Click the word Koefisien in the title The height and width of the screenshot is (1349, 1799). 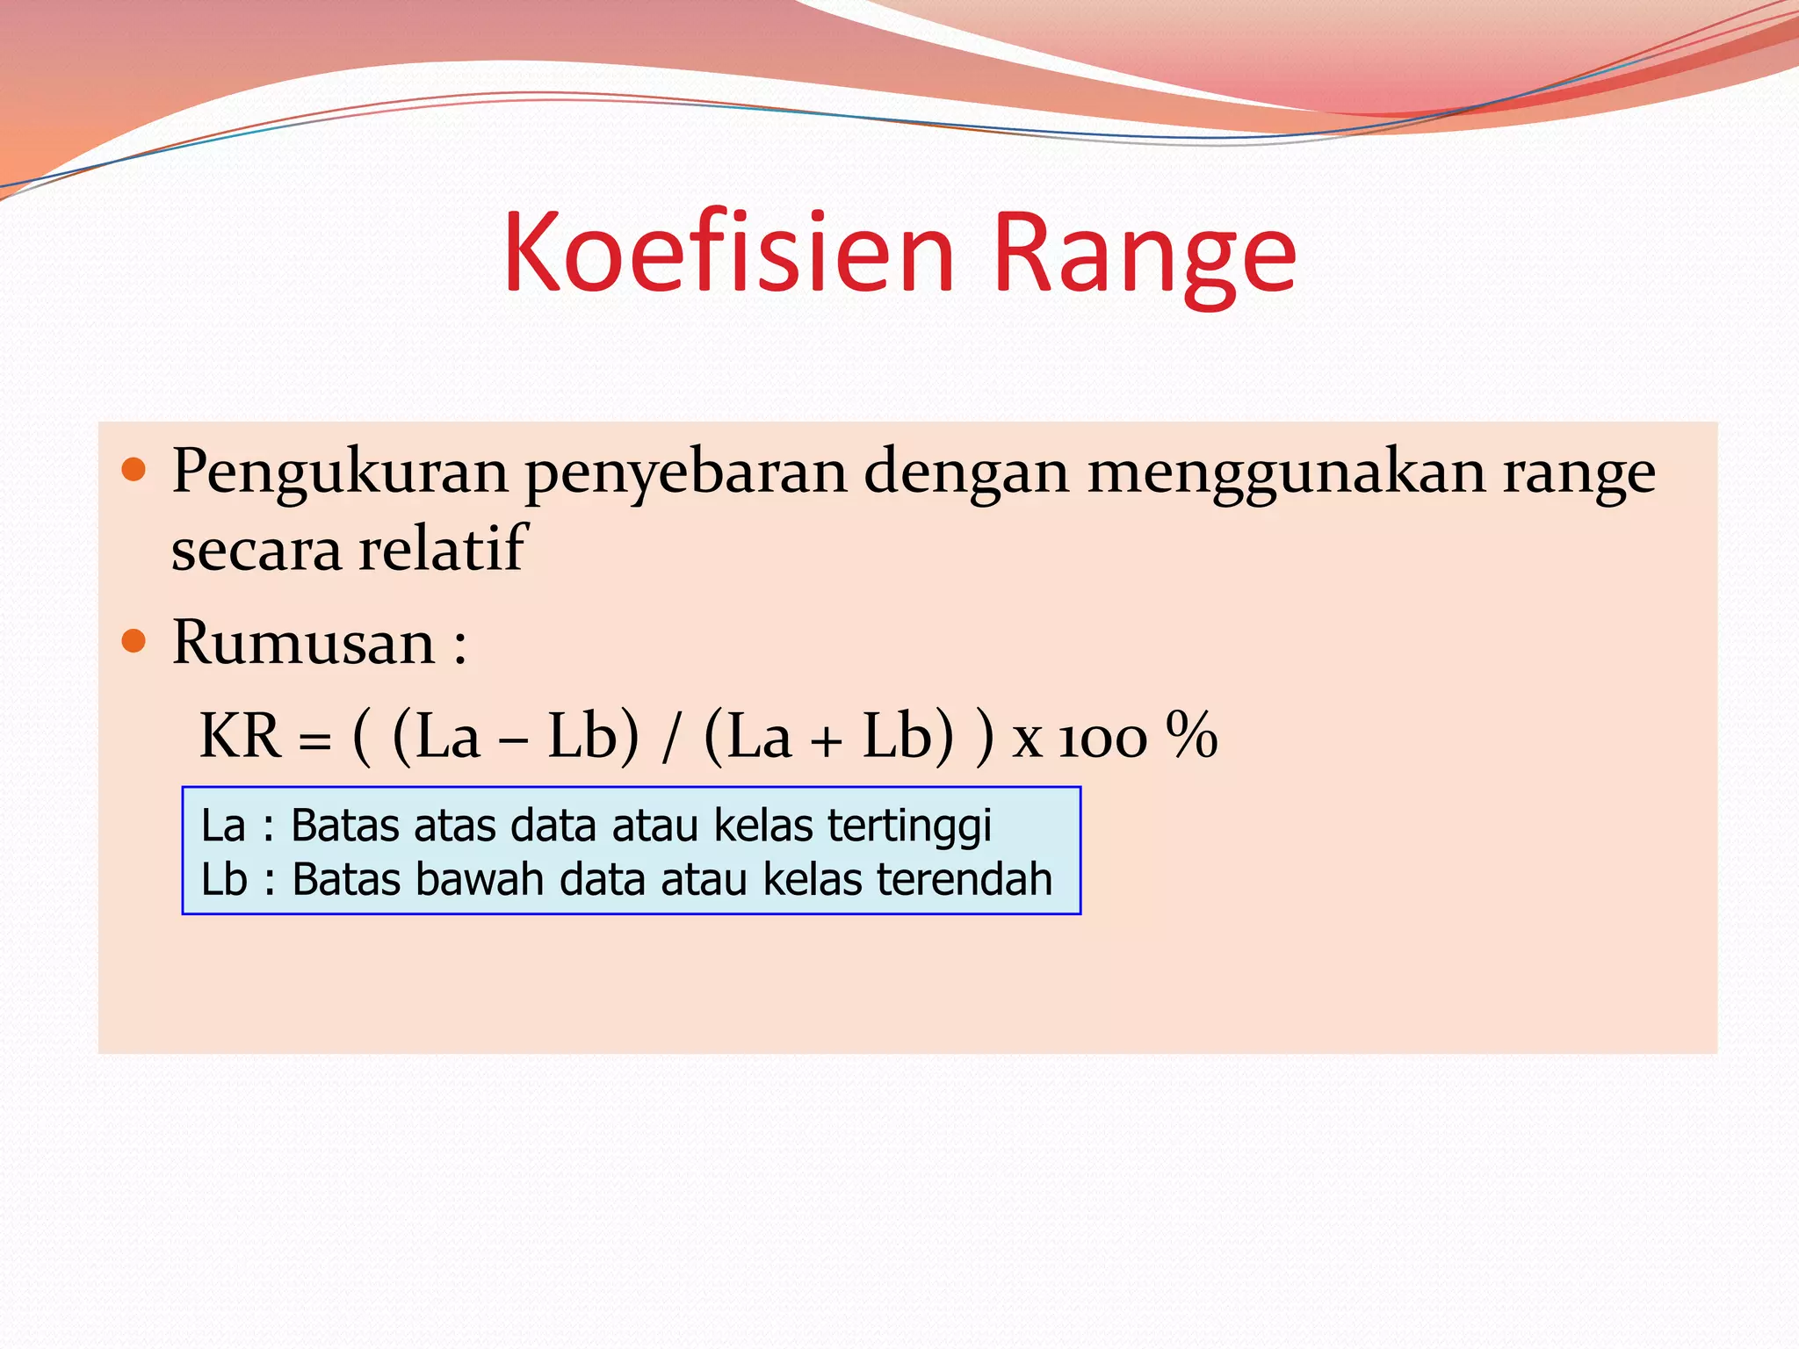728,254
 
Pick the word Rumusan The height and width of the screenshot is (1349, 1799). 303,643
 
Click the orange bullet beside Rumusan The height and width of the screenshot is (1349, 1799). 134,640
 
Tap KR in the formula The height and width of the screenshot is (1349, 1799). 240,736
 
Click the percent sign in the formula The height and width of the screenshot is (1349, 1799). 1191,735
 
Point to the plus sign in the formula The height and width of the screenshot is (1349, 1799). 826,742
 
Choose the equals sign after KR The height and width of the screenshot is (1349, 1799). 314,743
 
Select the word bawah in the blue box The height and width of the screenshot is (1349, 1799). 479,880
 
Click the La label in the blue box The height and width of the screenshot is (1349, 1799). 223,826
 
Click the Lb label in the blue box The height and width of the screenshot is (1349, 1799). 224,880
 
